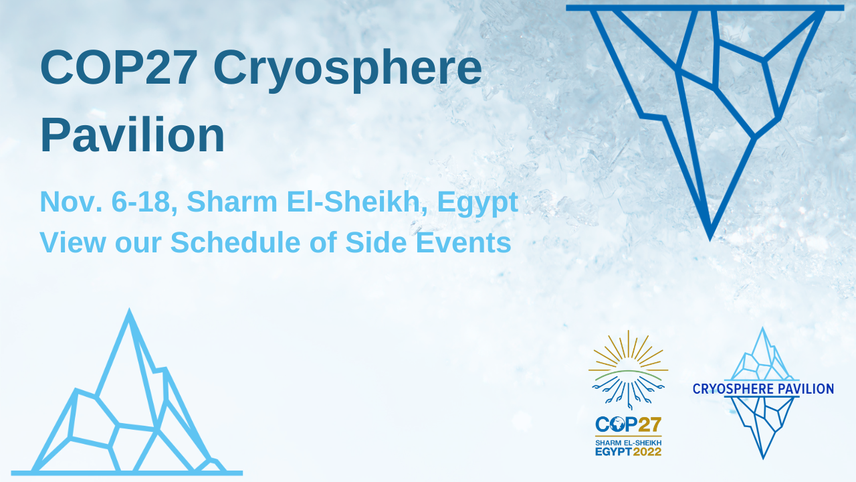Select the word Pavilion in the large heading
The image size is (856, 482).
coord(132,135)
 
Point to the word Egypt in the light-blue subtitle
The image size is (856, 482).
coord(477,204)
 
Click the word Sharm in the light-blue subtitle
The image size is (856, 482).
coord(232,202)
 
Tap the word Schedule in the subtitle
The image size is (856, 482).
coord(235,242)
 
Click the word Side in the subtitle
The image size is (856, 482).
coord(376,242)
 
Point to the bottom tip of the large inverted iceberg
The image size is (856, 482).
coord(710,240)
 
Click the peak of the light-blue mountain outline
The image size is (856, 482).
coord(129,309)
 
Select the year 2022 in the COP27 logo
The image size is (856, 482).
coord(647,452)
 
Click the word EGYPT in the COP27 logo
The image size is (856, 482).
coord(613,452)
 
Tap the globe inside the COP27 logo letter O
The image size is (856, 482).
coord(617,424)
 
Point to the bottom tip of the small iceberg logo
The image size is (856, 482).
coord(763,459)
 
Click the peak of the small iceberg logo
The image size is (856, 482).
coord(763,328)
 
